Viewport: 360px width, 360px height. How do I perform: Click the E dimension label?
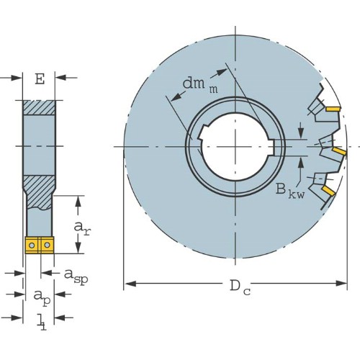[x=40, y=79]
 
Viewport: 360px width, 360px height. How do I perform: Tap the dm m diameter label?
[x=200, y=85]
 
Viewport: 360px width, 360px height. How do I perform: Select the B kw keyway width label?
[x=290, y=191]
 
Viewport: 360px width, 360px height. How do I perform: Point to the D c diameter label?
[x=240, y=287]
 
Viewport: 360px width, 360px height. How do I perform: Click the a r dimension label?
[x=82, y=228]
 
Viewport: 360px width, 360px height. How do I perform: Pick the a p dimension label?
[x=42, y=297]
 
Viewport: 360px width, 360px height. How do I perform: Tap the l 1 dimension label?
[x=42, y=322]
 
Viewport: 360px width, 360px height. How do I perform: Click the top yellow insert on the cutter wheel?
[x=333, y=109]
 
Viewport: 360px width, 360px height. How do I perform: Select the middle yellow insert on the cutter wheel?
[x=339, y=151]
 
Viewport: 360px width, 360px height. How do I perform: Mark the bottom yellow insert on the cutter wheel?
[x=328, y=191]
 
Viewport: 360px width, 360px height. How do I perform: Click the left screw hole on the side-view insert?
[x=32, y=246]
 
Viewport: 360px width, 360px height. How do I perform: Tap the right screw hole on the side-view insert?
[x=48, y=245]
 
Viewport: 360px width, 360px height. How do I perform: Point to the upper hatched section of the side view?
[x=40, y=107]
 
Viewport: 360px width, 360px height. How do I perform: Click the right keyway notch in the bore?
[x=271, y=147]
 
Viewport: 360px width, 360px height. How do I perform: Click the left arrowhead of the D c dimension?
[x=130, y=284]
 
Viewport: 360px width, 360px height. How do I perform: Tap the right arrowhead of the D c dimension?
[x=341, y=284]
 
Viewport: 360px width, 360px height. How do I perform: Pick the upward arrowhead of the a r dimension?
[x=78, y=202]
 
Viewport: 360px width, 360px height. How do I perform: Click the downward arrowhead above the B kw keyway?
[x=301, y=133]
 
